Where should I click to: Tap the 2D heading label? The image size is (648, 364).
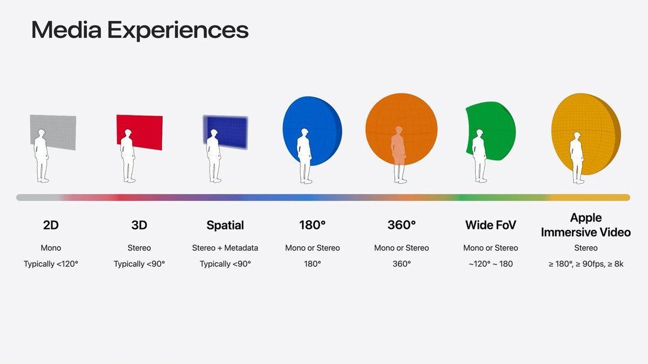(51, 225)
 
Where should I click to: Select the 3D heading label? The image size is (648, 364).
(139, 225)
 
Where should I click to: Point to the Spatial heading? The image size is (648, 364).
(225, 225)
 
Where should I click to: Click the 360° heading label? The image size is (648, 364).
(401, 225)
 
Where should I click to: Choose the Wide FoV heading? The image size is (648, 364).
(490, 225)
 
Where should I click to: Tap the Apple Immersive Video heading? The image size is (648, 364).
(586, 225)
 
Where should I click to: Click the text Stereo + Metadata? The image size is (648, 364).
(225, 248)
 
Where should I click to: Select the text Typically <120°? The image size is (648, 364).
(51, 264)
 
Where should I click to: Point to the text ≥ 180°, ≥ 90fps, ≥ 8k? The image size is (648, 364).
(586, 264)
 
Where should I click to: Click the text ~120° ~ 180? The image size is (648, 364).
(490, 264)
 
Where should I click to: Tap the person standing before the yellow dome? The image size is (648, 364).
(577, 157)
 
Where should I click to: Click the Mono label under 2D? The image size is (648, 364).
(51, 248)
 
